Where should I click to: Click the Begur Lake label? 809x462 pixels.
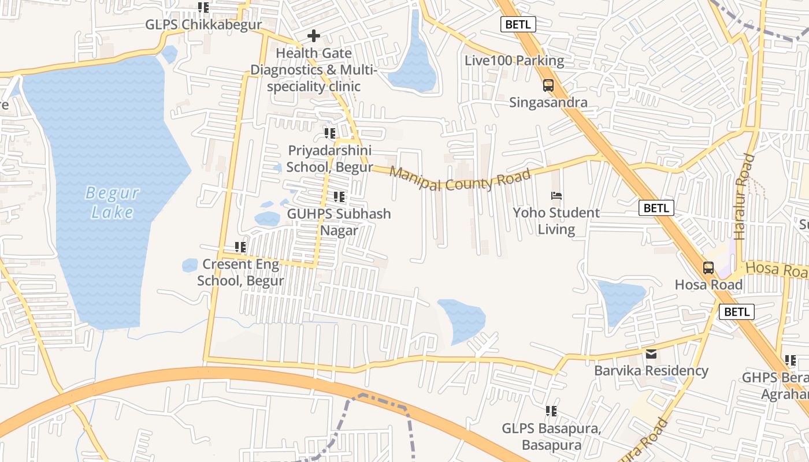tap(112, 202)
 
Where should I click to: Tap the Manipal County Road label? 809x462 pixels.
tap(459, 179)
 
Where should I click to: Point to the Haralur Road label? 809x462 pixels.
tap(744, 196)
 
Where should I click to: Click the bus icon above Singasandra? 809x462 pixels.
tap(548, 85)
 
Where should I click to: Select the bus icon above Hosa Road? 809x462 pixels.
tap(708, 268)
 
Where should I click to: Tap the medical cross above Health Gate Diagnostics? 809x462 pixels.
tap(314, 36)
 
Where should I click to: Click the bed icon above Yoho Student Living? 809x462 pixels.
tap(556, 196)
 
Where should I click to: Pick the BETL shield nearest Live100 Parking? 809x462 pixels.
tap(517, 24)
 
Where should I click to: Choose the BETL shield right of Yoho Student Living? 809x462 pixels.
tap(656, 208)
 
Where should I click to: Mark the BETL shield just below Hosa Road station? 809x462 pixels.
tap(737, 312)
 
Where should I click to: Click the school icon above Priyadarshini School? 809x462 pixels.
tap(330, 133)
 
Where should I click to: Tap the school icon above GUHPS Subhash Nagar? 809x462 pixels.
tap(339, 197)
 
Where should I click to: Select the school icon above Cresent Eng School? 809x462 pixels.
tap(240, 247)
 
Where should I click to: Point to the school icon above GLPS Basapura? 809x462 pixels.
tap(551, 411)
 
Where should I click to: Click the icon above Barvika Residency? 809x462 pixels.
tap(651, 353)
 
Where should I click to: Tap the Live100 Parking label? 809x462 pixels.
tap(514, 61)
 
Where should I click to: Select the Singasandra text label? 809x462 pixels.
tap(548, 103)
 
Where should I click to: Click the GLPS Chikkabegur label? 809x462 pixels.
tap(203, 25)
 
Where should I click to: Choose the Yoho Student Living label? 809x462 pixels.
tap(556, 221)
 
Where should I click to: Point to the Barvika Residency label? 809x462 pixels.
tap(651, 371)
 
